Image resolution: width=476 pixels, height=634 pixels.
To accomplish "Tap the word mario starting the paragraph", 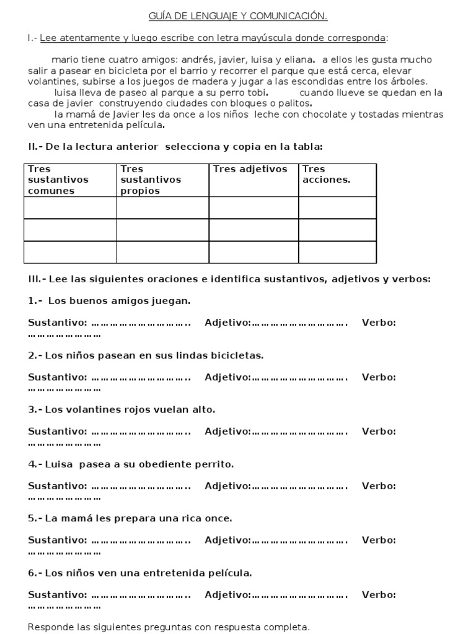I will pyautogui.click(x=66, y=60).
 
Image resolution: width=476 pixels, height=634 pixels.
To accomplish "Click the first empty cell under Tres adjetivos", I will pyautogui.click(x=253, y=207).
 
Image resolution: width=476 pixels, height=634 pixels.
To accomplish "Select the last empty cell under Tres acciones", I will pyautogui.click(x=337, y=252).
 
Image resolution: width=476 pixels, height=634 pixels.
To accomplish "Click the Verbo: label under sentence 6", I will pyautogui.click(x=379, y=595).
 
